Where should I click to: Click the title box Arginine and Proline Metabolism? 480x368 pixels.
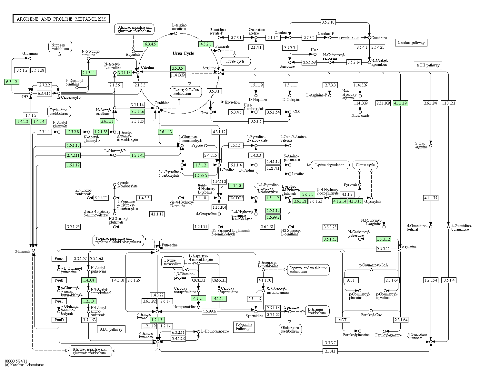pos(61,19)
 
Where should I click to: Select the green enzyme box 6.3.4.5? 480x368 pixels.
pos(150,44)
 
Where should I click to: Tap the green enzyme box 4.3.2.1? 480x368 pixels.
pos(206,44)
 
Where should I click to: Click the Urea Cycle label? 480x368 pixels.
pos(184,53)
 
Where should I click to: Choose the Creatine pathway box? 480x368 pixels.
pos(411,43)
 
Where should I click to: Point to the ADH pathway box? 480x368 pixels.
pos(428,65)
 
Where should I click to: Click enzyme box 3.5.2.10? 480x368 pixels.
pos(328,22)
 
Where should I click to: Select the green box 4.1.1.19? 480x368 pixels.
pos(400,103)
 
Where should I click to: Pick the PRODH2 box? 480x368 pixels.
pos(236,198)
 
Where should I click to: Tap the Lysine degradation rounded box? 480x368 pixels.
pos(330,165)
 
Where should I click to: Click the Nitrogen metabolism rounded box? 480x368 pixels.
pos(60,47)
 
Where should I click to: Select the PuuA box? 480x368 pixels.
pos(59,259)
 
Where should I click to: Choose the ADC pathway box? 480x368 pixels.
pos(111,329)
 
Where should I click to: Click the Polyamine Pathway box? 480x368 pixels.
pos(242,327)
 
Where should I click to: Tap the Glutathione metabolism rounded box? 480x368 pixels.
pos(290,329)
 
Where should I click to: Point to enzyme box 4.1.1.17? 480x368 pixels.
pos(157,214)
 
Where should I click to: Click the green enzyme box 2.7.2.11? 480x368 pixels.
pos(73,155)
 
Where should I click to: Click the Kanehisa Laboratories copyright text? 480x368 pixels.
pos(25,365)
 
